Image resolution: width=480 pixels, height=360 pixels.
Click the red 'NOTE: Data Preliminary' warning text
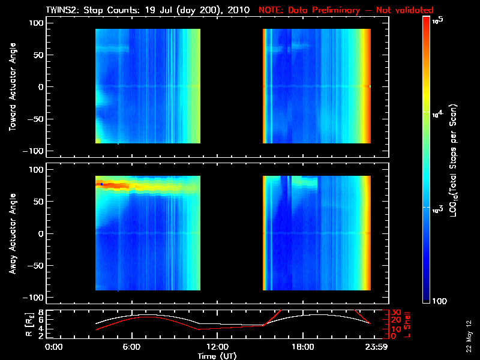tap(346, 10)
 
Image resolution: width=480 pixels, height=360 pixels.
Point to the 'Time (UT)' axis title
tap(217, 356)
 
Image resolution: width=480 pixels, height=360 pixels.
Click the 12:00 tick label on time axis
tap(217, 347)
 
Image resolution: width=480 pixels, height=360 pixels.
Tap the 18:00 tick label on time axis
tap(302, 347)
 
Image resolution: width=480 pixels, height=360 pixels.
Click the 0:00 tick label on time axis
tap(55, 347)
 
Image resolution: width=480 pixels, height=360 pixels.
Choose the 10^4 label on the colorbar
tap(437, 113)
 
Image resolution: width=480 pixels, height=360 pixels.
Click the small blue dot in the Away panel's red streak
tap(102, 184)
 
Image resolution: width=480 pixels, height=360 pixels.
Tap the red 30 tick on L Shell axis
tap(389, 312)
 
